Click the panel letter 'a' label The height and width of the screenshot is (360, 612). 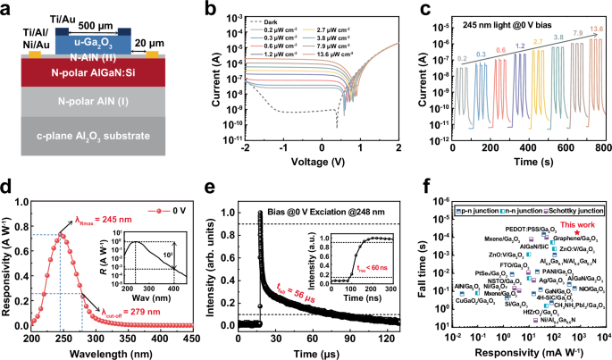pos(7,8)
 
